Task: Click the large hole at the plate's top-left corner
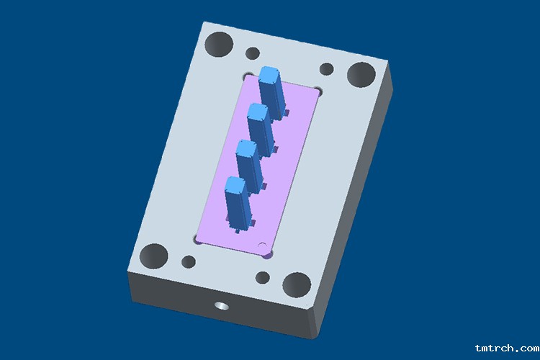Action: click(219, 45)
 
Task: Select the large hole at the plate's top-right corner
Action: click(361, 75)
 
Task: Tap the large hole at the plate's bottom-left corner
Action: click(153, 256)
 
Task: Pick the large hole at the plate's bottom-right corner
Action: click(297, 285)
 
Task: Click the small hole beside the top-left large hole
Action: click(253, 53)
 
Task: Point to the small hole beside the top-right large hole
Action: click(326, 69)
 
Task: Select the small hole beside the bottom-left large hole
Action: click(189, 261)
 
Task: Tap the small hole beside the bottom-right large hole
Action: click(263, 278)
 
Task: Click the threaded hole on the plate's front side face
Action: click(222, 305)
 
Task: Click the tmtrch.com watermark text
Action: click(508, 348)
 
